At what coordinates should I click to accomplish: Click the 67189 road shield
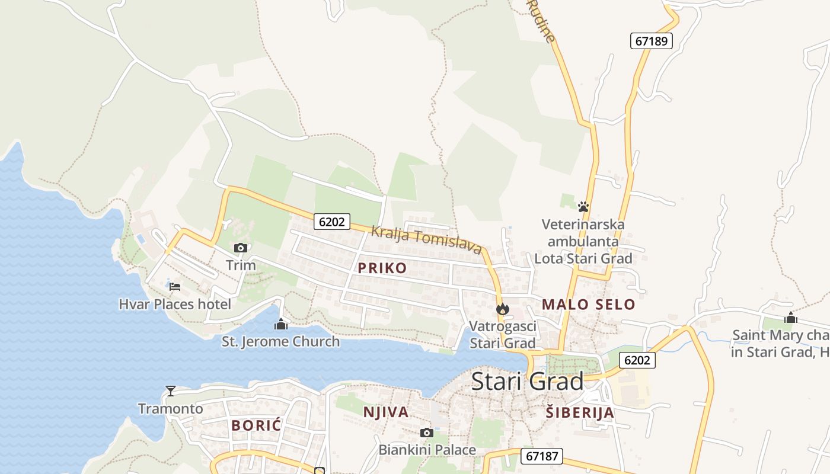tap(651, 41)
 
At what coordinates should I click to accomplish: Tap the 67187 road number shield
tap(541, 456)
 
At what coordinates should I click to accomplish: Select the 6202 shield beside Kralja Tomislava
tap(331, 222)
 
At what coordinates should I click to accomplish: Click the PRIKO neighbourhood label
tap(382, 268)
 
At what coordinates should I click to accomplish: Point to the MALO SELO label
tap(588, 305)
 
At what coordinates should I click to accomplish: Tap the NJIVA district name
tap(385, 412)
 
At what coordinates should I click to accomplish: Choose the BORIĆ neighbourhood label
tap(256, 425)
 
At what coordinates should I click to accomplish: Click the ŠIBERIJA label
tap(580, 412)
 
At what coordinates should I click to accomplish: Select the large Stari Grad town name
tap(527, 381)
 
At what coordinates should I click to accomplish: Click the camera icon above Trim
tap(240, 248)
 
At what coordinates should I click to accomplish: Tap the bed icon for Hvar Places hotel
tap(174, 287)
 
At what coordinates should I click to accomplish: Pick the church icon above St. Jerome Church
tap(281, 324)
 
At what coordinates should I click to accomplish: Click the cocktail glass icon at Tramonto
tap(171, 390)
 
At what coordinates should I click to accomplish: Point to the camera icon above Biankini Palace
tap(426, 433)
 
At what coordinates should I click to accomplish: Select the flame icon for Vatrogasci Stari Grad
tap(503, 309)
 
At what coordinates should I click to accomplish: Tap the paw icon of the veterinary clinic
tap(583, 207)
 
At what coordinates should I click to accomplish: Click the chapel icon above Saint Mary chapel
tap(790, 318)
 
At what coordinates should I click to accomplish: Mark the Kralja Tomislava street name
tap(426, 239)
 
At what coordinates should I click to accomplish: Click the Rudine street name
tap(542, 21)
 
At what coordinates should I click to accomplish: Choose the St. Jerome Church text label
tap(281, 341)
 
